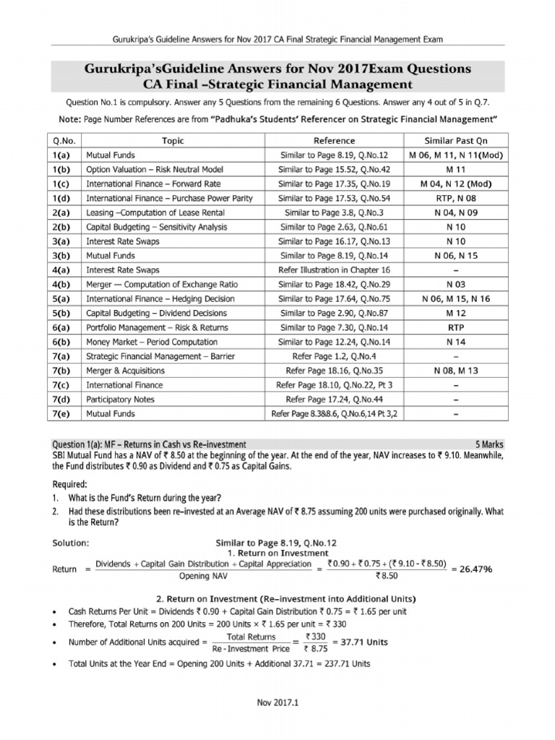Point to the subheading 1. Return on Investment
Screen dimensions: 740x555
[277, 553]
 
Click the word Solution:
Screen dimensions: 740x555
[71, 542]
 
